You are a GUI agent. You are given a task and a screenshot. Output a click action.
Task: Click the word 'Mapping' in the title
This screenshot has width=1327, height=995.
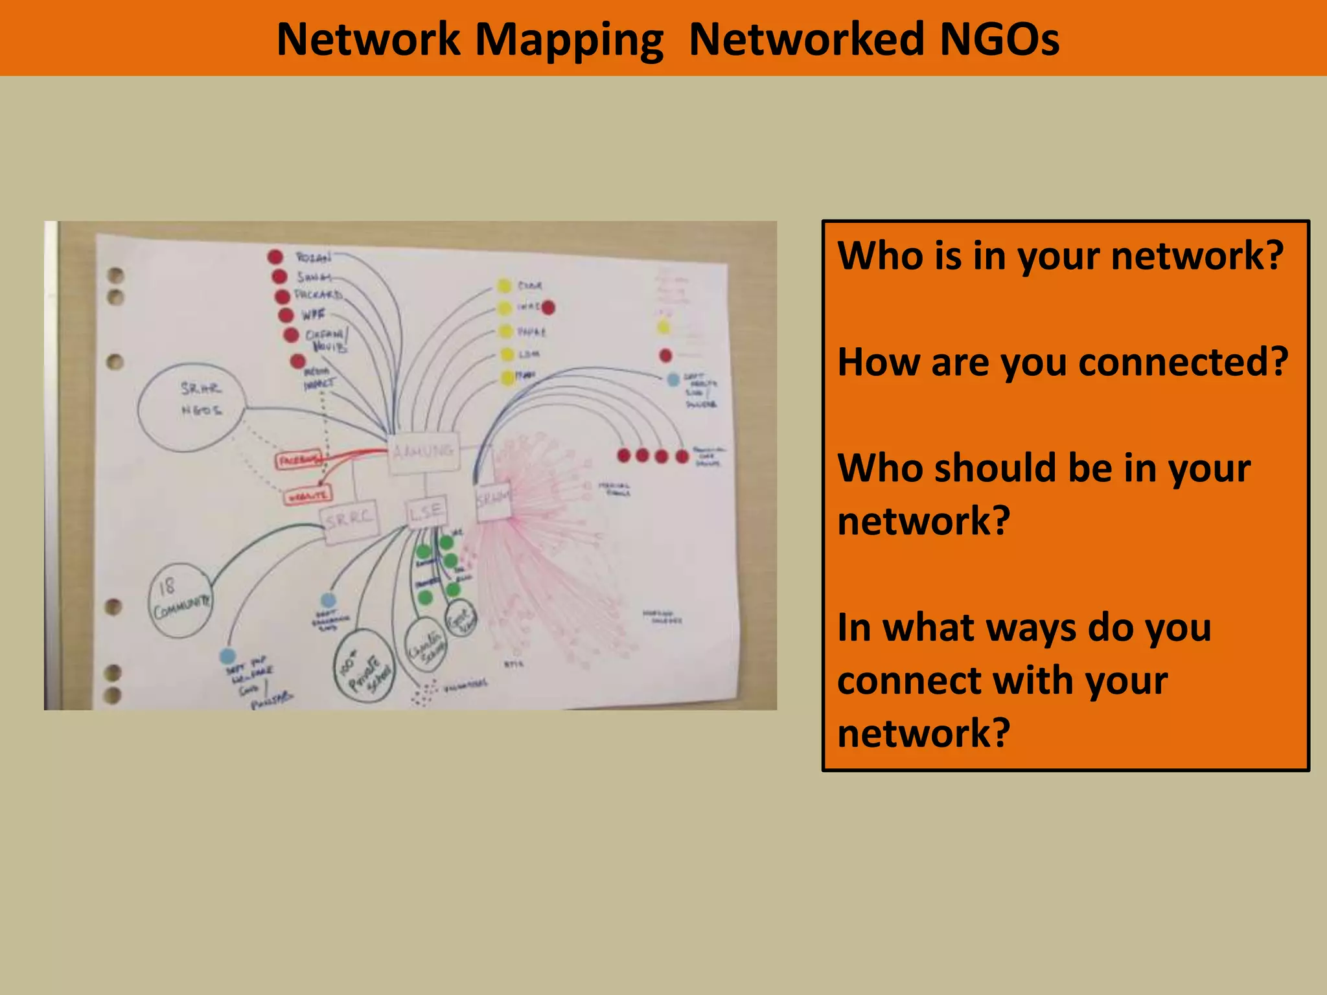(x=569, y=40)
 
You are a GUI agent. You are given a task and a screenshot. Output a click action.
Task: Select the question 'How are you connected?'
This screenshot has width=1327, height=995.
(x=1063, y=361)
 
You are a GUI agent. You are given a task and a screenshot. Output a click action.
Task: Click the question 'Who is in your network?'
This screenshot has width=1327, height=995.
(x=1060, y=255)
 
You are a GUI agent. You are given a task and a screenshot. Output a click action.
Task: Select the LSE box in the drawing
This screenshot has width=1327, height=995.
(x=426, y=512)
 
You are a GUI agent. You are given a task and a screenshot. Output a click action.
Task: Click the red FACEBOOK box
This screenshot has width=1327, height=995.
(x=298, y=460)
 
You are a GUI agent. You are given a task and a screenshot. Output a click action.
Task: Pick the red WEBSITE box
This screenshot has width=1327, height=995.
(x=307, y=496)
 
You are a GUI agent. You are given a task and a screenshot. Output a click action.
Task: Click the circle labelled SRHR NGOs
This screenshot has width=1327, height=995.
(x=191, y=407)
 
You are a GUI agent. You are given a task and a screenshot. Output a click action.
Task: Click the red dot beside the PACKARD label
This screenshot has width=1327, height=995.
(x=283, y=297)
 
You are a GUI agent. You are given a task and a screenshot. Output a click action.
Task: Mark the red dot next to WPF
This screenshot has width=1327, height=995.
(x=286, y=315)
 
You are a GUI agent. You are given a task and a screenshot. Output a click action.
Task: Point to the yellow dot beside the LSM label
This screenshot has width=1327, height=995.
(x=507, y=354)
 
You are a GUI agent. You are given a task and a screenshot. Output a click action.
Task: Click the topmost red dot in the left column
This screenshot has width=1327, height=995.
(x=275, y=257)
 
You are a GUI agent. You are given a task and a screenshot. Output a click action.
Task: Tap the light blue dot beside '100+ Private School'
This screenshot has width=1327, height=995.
(x=329, y=600)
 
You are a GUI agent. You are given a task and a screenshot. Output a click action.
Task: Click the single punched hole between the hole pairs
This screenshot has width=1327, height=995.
(x=115, y=361)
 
